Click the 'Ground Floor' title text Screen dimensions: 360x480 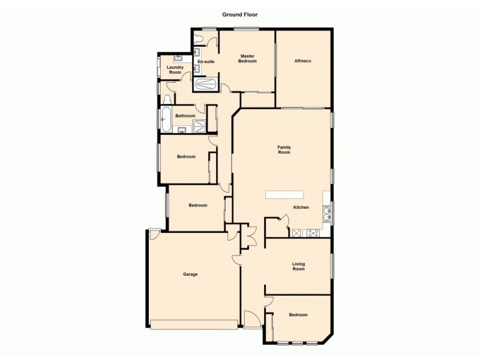pyautogui.click(x=240, y=14)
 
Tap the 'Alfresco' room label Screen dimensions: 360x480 pyautogui.click(x=302, y=61)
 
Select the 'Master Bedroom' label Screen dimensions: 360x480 pyautogui.click(x=248, y=59)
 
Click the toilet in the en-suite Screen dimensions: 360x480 pyautogui.click(x=200, y=40)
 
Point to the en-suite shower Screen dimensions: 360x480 pyautogui.click(x=206, y=84)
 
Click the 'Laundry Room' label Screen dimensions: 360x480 pyautogui.click(x=175, y=70)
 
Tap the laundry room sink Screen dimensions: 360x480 pyautogui.click(x=178, y=58)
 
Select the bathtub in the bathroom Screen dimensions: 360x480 pyautogui.click(x=166, y=119)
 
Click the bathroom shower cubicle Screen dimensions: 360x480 pyautogui.click(x=199, y=125)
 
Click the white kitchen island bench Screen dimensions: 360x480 pyautogui.click(x=286, y=195)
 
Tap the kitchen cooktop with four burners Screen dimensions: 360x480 pyautogui.click(x=313, y=233)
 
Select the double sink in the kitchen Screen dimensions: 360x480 pyautogui.click(x=327, y=214)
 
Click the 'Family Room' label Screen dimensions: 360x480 pyautogui.click(x=284, y=150)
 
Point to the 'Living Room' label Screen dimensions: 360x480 pyautogui.click(x=298, y=266)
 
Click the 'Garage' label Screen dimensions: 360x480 pyautogui.click(x=190, y=274)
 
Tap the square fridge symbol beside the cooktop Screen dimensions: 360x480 pyautogui.click(x=296, y=233)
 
